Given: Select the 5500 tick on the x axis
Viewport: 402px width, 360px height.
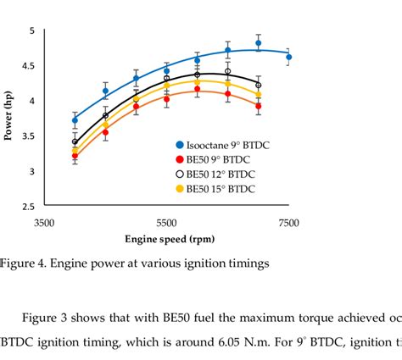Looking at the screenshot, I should click(x=166, y=223).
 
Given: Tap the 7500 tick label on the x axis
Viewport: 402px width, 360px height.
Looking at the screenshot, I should click(x=288, y=223).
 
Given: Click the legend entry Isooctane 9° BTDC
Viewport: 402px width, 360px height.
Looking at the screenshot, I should click(x=223, y=145).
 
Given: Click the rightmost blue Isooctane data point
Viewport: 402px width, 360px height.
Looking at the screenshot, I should click(x=288, y=57).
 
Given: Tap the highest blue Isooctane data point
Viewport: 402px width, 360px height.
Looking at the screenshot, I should click(x=259, y=43).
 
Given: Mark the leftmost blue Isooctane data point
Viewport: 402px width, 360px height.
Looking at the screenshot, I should click(x=75, y=120).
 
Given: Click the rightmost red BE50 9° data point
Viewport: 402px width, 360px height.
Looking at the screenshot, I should click(x=259, y=107).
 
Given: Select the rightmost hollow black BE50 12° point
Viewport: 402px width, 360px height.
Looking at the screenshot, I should click(x=259, y=86).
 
